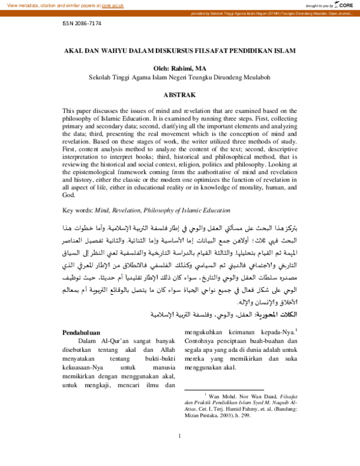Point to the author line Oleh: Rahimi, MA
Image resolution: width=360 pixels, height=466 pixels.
pos(179,68)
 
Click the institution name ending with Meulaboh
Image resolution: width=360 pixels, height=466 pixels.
pos(179,77)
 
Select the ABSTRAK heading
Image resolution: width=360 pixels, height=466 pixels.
pos(179,94)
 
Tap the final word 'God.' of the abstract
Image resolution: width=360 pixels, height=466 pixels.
pos(69,195)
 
